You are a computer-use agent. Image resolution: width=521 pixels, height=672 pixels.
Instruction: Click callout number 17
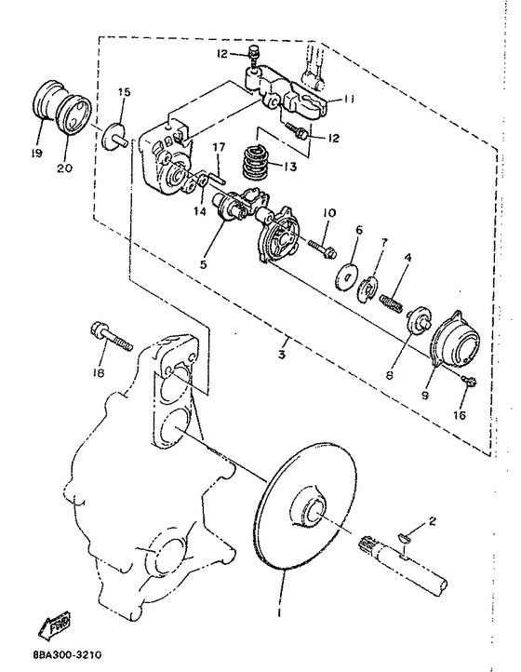(219, 147)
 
